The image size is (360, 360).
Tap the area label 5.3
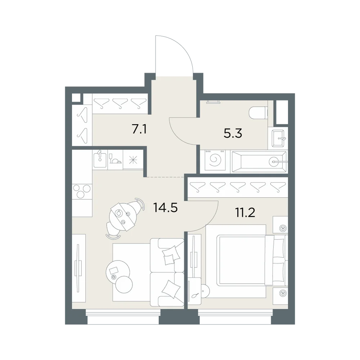coord(233,133)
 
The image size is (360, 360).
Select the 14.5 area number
coord(165,208)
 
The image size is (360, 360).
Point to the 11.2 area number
coord(245,213)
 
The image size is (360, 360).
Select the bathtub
coord(259,162)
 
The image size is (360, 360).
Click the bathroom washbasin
coord(278,138)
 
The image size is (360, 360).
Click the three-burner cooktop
coord(82,191)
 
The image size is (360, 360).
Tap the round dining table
coord(123,216)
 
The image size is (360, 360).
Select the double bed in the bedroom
coord(252,260)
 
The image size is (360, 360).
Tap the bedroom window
coord(235,316)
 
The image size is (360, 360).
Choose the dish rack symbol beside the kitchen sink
coord(115,159)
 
